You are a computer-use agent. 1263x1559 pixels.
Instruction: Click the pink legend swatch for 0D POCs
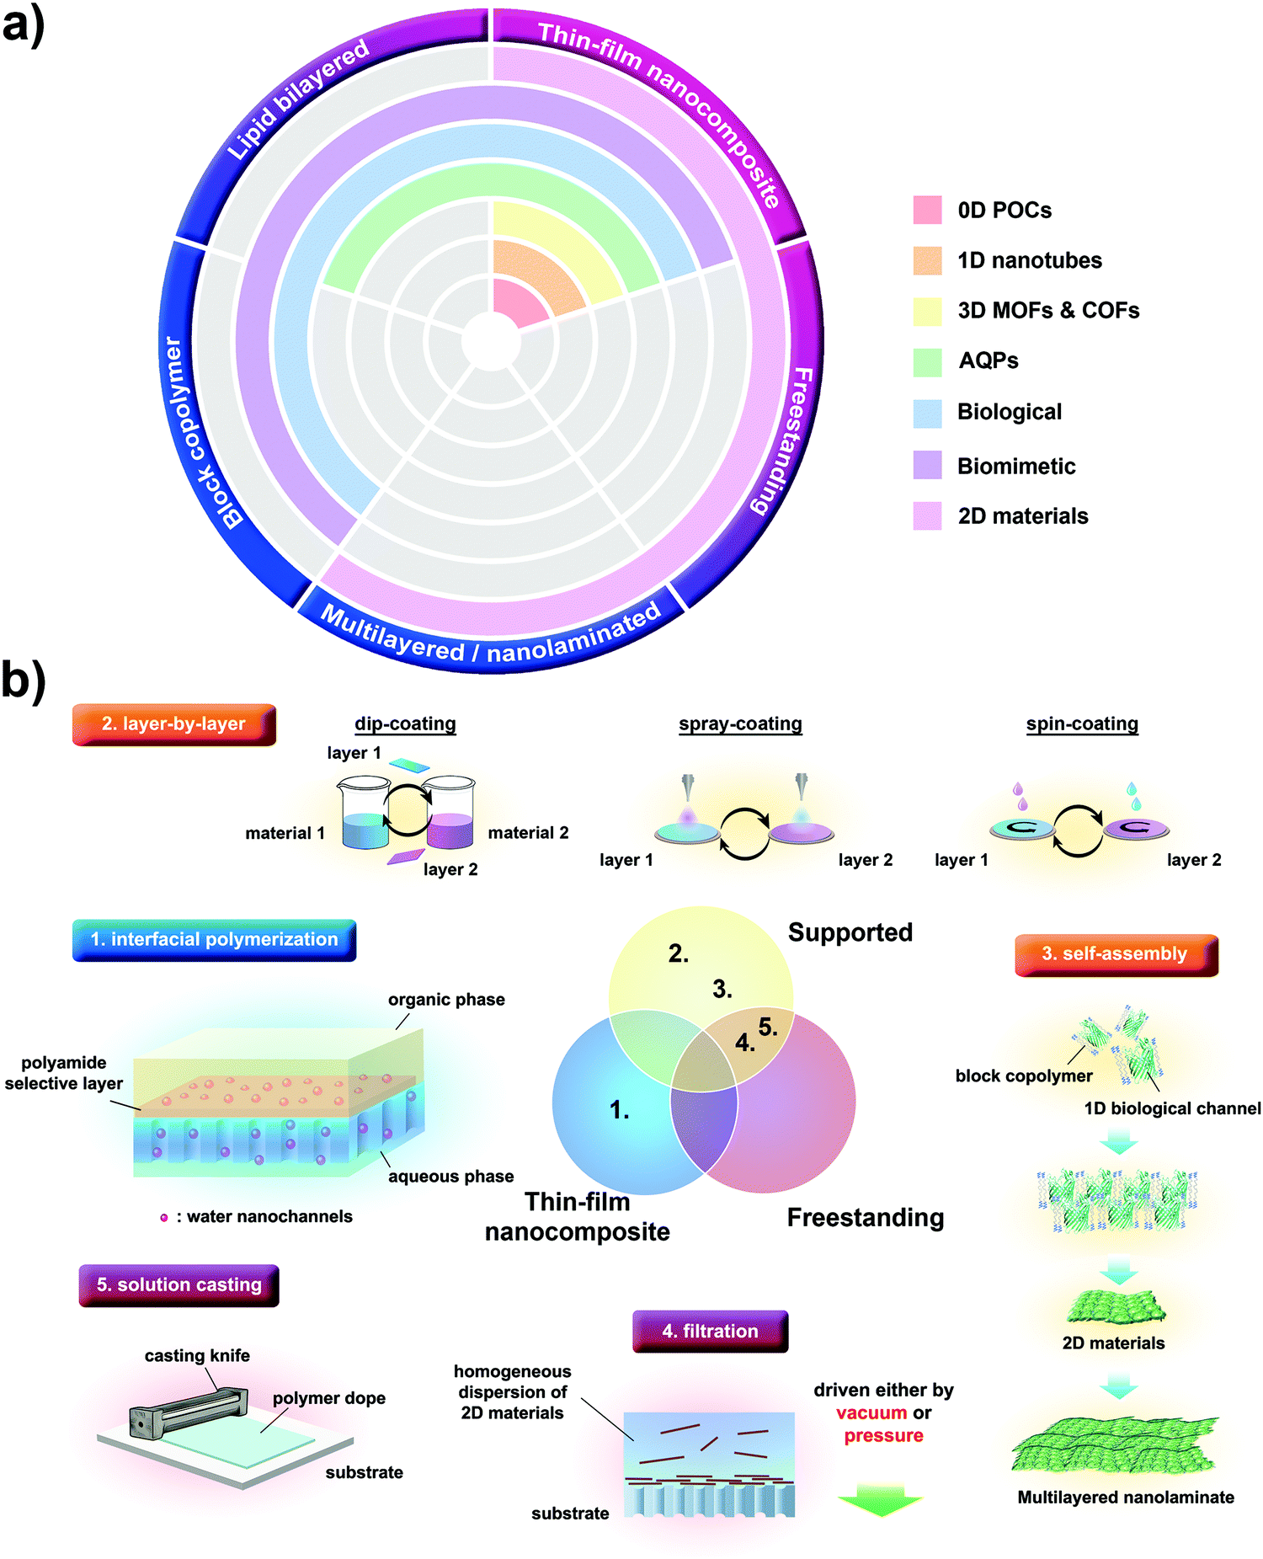tap(927, 210)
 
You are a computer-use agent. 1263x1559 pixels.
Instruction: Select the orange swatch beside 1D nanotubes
tap(927, 260)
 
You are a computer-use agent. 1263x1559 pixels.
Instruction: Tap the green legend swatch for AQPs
tap(927, 361)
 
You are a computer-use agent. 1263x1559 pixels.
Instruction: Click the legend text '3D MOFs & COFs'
tap(1048, 311)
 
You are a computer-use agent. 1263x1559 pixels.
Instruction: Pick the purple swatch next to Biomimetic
tap(927, 465)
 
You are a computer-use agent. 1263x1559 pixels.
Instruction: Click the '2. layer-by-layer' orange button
tap(174, 724)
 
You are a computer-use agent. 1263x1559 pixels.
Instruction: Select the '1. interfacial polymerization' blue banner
tap(214, 940)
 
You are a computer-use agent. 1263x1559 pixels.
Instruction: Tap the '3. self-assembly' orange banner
tap(1116, 954)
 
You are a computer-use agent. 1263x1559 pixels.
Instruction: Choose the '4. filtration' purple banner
tap(710, 1332)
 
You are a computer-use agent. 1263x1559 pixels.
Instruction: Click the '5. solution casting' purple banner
tap(179, 1285)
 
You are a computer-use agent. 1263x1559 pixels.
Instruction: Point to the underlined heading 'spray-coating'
tap(740, 724)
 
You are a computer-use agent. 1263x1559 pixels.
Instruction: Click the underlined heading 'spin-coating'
tap(1082, 724)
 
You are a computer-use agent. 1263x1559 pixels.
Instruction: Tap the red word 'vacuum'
tap(871, 1412)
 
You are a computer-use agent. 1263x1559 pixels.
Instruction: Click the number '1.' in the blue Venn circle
tap(620, 1111)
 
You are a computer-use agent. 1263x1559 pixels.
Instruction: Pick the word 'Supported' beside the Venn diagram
tap(850, 932)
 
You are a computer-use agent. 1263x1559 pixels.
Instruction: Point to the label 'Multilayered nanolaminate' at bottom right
tap(1126, 1497)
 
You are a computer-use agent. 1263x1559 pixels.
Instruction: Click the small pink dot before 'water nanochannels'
tap(164, 1217)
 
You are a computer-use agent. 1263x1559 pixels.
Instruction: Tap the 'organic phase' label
tap(446, 1000)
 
